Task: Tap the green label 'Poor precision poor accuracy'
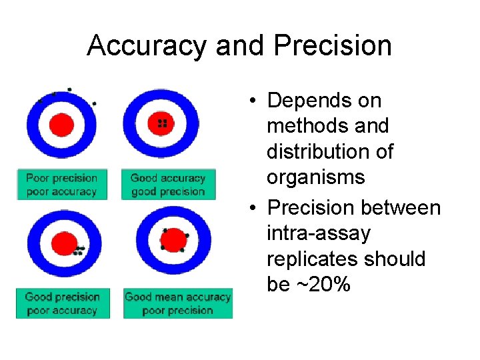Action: tap(61, 185)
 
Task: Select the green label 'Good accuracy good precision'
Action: tap(168, 185)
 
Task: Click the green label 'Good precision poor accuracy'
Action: tap(62, 303)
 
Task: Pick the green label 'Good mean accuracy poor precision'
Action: tap(177, 303)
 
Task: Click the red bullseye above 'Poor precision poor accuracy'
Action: tap(61, 123)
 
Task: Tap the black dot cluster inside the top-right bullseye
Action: tap(161, 123)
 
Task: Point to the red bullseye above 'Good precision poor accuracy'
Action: tap(65, 242)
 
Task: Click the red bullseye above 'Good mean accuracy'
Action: tap(173, 239)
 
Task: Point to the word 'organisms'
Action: tap(316, 177)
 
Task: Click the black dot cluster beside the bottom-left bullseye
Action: tap(79, 251)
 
